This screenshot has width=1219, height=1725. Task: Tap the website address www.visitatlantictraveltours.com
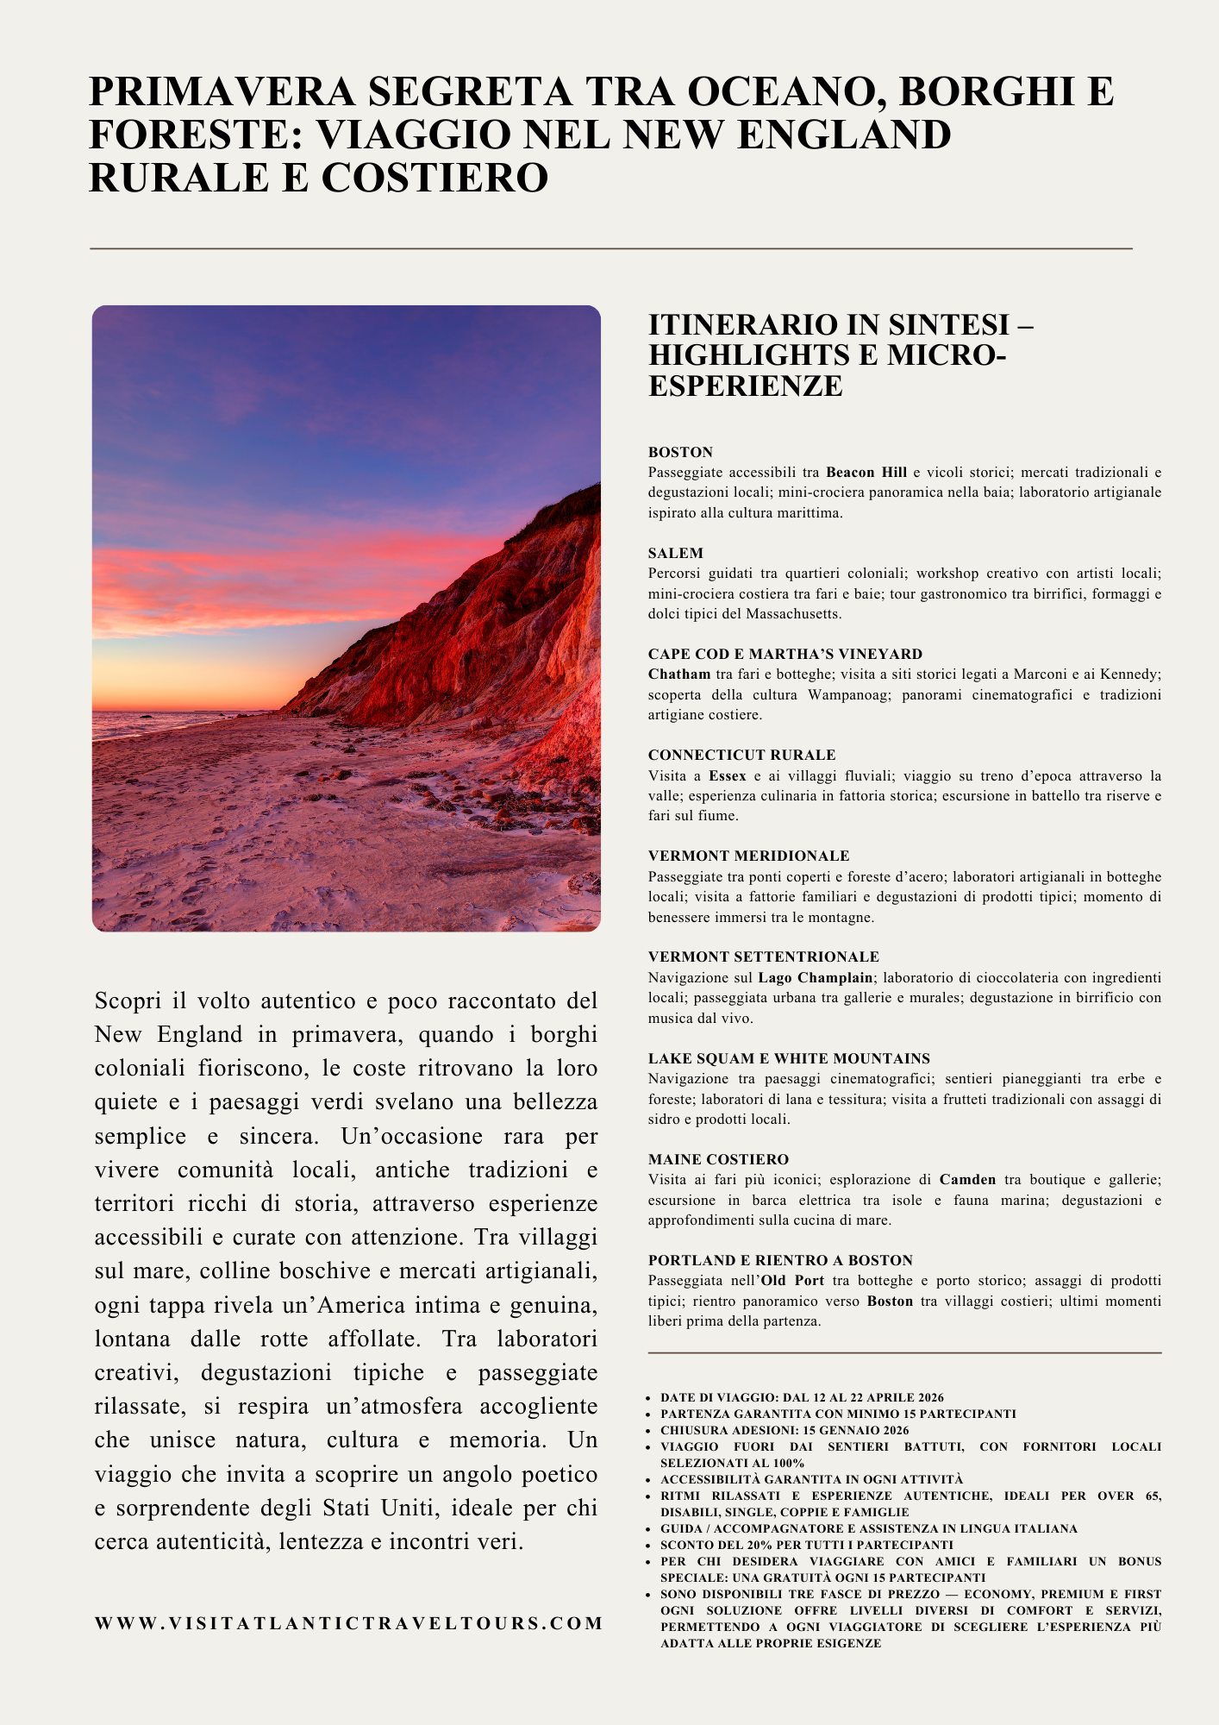point(349,1623)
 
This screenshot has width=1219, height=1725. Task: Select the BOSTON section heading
point(680,452)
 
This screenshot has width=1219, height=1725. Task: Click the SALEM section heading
point(676,553)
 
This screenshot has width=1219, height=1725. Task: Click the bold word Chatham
point(679,674)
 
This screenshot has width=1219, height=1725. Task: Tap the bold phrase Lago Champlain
point(815,977)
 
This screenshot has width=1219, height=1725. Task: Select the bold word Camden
point(967,1179)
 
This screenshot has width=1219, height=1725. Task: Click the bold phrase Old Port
point(791,1280)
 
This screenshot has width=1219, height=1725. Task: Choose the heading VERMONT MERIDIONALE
point(748,856)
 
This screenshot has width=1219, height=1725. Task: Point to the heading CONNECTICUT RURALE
point(741,755)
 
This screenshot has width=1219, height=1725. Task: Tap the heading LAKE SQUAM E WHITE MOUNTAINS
point(789,1058)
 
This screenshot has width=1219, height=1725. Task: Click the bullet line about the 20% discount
point(806,1545)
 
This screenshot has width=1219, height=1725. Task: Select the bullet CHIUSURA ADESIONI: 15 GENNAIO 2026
point(784,1430)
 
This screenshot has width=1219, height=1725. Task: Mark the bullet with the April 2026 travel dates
point(802,1397)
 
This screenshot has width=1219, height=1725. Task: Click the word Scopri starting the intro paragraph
point(128,1001)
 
